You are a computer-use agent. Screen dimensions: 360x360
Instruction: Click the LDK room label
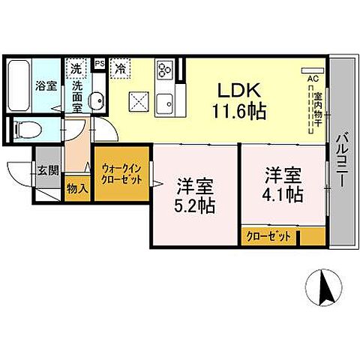pos(239,91)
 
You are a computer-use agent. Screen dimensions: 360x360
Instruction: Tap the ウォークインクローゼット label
pos(121,176)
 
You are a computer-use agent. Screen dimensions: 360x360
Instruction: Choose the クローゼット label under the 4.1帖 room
pos(269,236)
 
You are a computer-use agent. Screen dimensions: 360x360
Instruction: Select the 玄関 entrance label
pos(47,170)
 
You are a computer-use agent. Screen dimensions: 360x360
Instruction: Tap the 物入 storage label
pos(77,189)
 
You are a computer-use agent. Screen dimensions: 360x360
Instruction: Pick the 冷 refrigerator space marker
pos(120,67)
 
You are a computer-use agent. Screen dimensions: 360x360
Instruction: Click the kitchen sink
pos(165,101)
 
